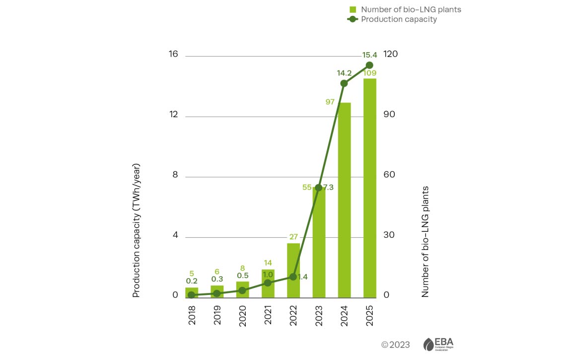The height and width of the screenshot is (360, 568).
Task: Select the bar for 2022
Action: point(293,271)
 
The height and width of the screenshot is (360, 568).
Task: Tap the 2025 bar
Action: point(369,188)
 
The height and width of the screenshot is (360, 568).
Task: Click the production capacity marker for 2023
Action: point(319,188)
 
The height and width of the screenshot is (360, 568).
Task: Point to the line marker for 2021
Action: point(268,283)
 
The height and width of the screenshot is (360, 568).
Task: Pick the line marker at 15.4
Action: point(369,65)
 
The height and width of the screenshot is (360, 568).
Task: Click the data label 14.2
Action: point(344,72)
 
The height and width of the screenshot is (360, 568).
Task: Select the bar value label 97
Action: point(330,102)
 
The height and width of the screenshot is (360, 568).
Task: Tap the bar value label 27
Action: point(293,236)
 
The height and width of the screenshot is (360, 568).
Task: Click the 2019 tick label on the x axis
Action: point(217,315)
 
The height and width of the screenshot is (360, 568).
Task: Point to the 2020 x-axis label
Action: point(243,315)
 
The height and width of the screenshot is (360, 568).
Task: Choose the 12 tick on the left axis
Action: point(173,114)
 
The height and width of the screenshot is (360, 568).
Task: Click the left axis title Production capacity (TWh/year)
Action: point(137,230)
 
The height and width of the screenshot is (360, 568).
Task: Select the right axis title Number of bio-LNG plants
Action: point(425,242)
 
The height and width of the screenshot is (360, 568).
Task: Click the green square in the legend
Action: point(353,9)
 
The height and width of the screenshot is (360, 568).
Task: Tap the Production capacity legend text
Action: point(399,19)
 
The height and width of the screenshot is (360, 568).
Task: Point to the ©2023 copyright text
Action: point(395,345)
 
